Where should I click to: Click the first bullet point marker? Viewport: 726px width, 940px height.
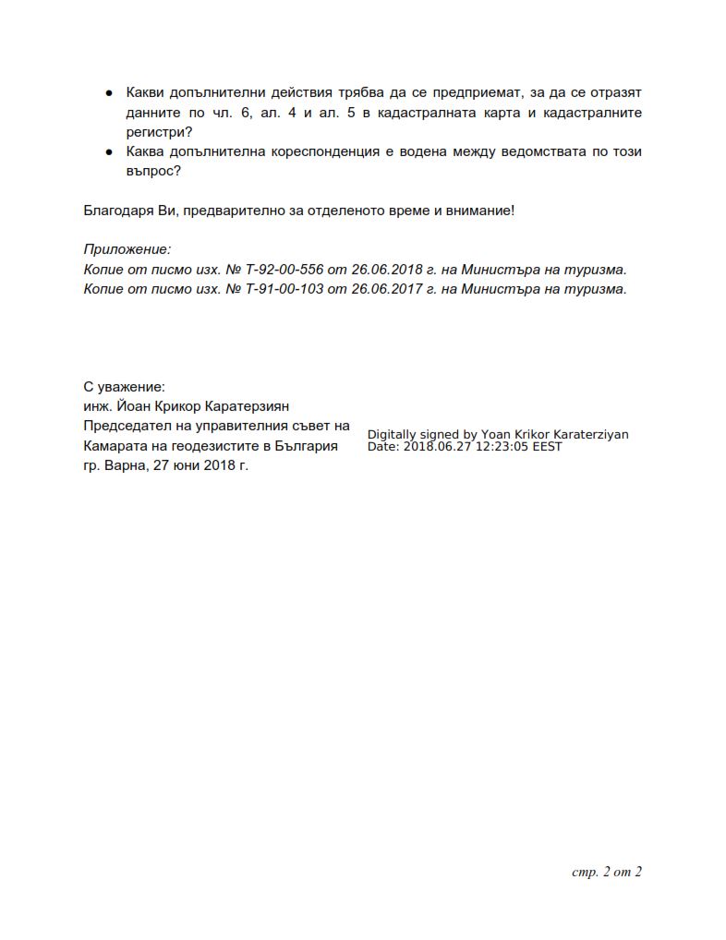click(x=109, y=93)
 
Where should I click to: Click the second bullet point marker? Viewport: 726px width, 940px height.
click(x=109, y=151)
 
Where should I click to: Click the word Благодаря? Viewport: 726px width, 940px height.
click(x=118, y=211)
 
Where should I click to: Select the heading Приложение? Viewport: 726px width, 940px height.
click(x=127, y=249)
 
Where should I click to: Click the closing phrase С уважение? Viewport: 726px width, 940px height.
click(x=124, y=387)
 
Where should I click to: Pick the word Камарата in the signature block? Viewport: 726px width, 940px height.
click(x=114, y=445)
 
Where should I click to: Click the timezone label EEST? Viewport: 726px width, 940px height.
click(x=547, y=447)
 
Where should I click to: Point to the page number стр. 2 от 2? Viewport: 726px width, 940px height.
click(x=607, y=872)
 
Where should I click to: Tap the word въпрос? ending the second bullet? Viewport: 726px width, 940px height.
click(x=153, y=171)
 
